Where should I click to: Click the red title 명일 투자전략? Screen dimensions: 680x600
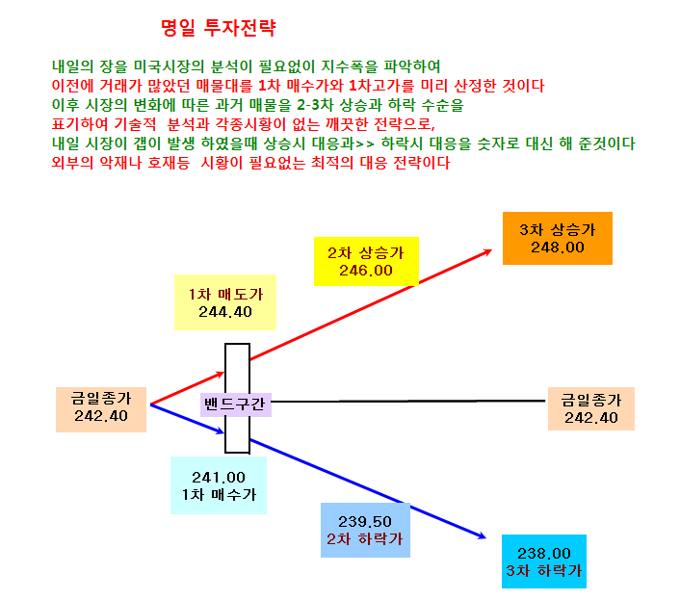point(218,28)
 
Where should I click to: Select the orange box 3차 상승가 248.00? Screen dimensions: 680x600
point(558,238)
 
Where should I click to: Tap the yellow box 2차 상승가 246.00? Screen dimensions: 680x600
point(366,261)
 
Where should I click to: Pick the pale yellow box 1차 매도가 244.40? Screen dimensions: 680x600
point(225,302)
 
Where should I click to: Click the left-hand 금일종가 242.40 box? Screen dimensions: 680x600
point(101,409)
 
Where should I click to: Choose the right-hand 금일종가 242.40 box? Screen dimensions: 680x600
point(591,408)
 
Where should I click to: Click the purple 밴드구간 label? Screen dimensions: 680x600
point(235,404)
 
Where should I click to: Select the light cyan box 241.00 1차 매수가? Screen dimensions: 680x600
point(219,485)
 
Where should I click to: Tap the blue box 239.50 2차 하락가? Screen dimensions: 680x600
point(365,530)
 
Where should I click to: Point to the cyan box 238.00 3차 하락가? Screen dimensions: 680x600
point(544,561)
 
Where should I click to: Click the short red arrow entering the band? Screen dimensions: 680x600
point(188,388)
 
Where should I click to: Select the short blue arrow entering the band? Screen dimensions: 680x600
point(188,418)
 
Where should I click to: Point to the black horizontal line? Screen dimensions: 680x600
point(408,402)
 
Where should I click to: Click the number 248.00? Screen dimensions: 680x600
point(558,248)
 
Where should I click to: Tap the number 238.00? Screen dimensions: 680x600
point(544,553)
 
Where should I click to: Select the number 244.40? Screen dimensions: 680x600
point(225,312)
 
